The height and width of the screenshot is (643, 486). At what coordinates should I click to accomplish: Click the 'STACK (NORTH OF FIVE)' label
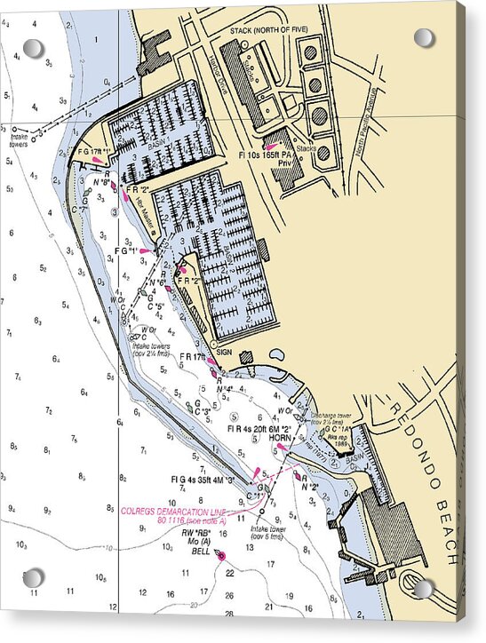266,30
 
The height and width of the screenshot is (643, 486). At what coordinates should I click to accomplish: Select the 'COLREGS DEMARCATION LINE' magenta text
174,512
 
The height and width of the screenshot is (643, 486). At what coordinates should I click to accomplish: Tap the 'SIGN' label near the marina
224,353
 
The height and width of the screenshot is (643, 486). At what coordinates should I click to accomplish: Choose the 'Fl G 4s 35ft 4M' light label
203,479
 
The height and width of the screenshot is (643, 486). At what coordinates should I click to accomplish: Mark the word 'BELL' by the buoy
202,552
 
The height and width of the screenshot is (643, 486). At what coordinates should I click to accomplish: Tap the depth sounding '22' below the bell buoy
229,573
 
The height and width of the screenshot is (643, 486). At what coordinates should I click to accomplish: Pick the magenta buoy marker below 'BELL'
220,556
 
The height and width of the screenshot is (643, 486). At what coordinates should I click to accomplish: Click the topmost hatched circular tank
311,52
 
